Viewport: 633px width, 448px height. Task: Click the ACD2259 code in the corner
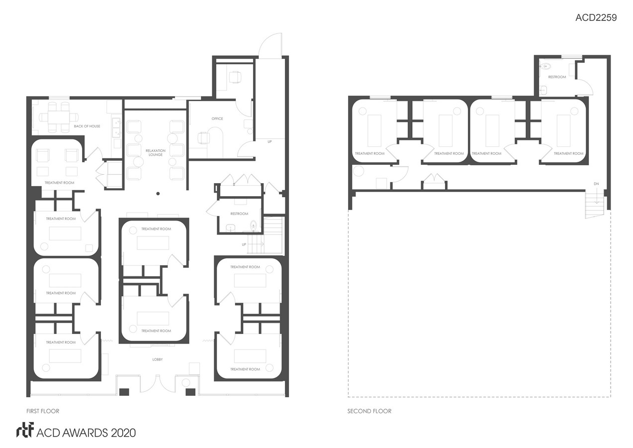596,17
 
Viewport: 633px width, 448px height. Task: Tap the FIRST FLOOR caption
43,411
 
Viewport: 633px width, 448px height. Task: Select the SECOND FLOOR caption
369,411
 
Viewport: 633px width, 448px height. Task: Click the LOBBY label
158,359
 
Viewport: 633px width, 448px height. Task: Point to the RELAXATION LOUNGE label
156,153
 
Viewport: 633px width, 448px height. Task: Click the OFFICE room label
217,119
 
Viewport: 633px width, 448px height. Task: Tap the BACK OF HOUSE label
87,126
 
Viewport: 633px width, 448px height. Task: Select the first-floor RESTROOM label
239,214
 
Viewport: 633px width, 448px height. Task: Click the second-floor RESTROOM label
557,77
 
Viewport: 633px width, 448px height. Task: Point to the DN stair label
596,184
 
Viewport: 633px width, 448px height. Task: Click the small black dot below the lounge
158,194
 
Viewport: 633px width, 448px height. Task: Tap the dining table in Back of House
59,117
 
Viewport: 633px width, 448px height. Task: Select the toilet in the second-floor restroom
545,67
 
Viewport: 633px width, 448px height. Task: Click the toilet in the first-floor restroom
253,225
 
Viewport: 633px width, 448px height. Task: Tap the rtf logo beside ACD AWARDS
25,430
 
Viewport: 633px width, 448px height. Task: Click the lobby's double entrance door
158,384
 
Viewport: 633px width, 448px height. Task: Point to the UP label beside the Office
270,142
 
